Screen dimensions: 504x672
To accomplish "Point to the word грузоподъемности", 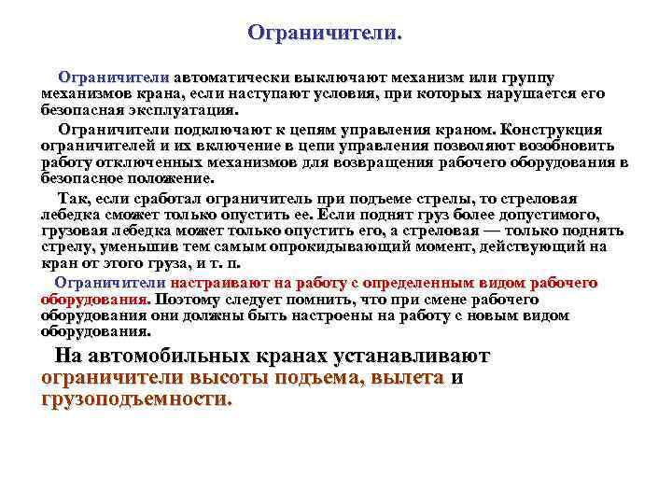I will (136, 399).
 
